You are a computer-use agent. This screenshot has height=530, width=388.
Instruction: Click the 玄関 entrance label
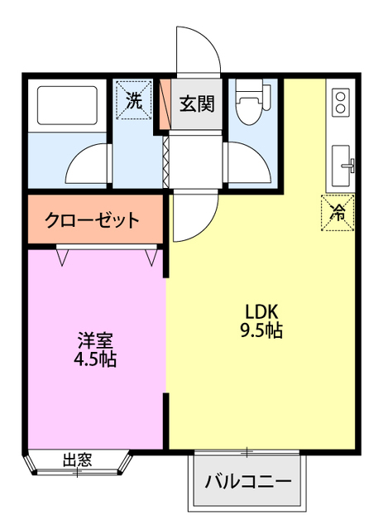197,104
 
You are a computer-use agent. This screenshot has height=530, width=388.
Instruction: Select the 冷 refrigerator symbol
338,212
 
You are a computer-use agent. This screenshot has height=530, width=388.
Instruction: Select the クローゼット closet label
92,220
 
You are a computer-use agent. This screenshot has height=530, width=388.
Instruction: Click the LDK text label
264,312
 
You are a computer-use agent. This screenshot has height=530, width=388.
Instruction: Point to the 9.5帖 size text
264,331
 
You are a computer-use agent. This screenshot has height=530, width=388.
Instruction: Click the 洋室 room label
96,340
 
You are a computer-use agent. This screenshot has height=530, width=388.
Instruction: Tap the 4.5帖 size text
96,359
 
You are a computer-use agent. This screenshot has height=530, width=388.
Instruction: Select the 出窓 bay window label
78,460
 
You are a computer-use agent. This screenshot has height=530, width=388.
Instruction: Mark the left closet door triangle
62,258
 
